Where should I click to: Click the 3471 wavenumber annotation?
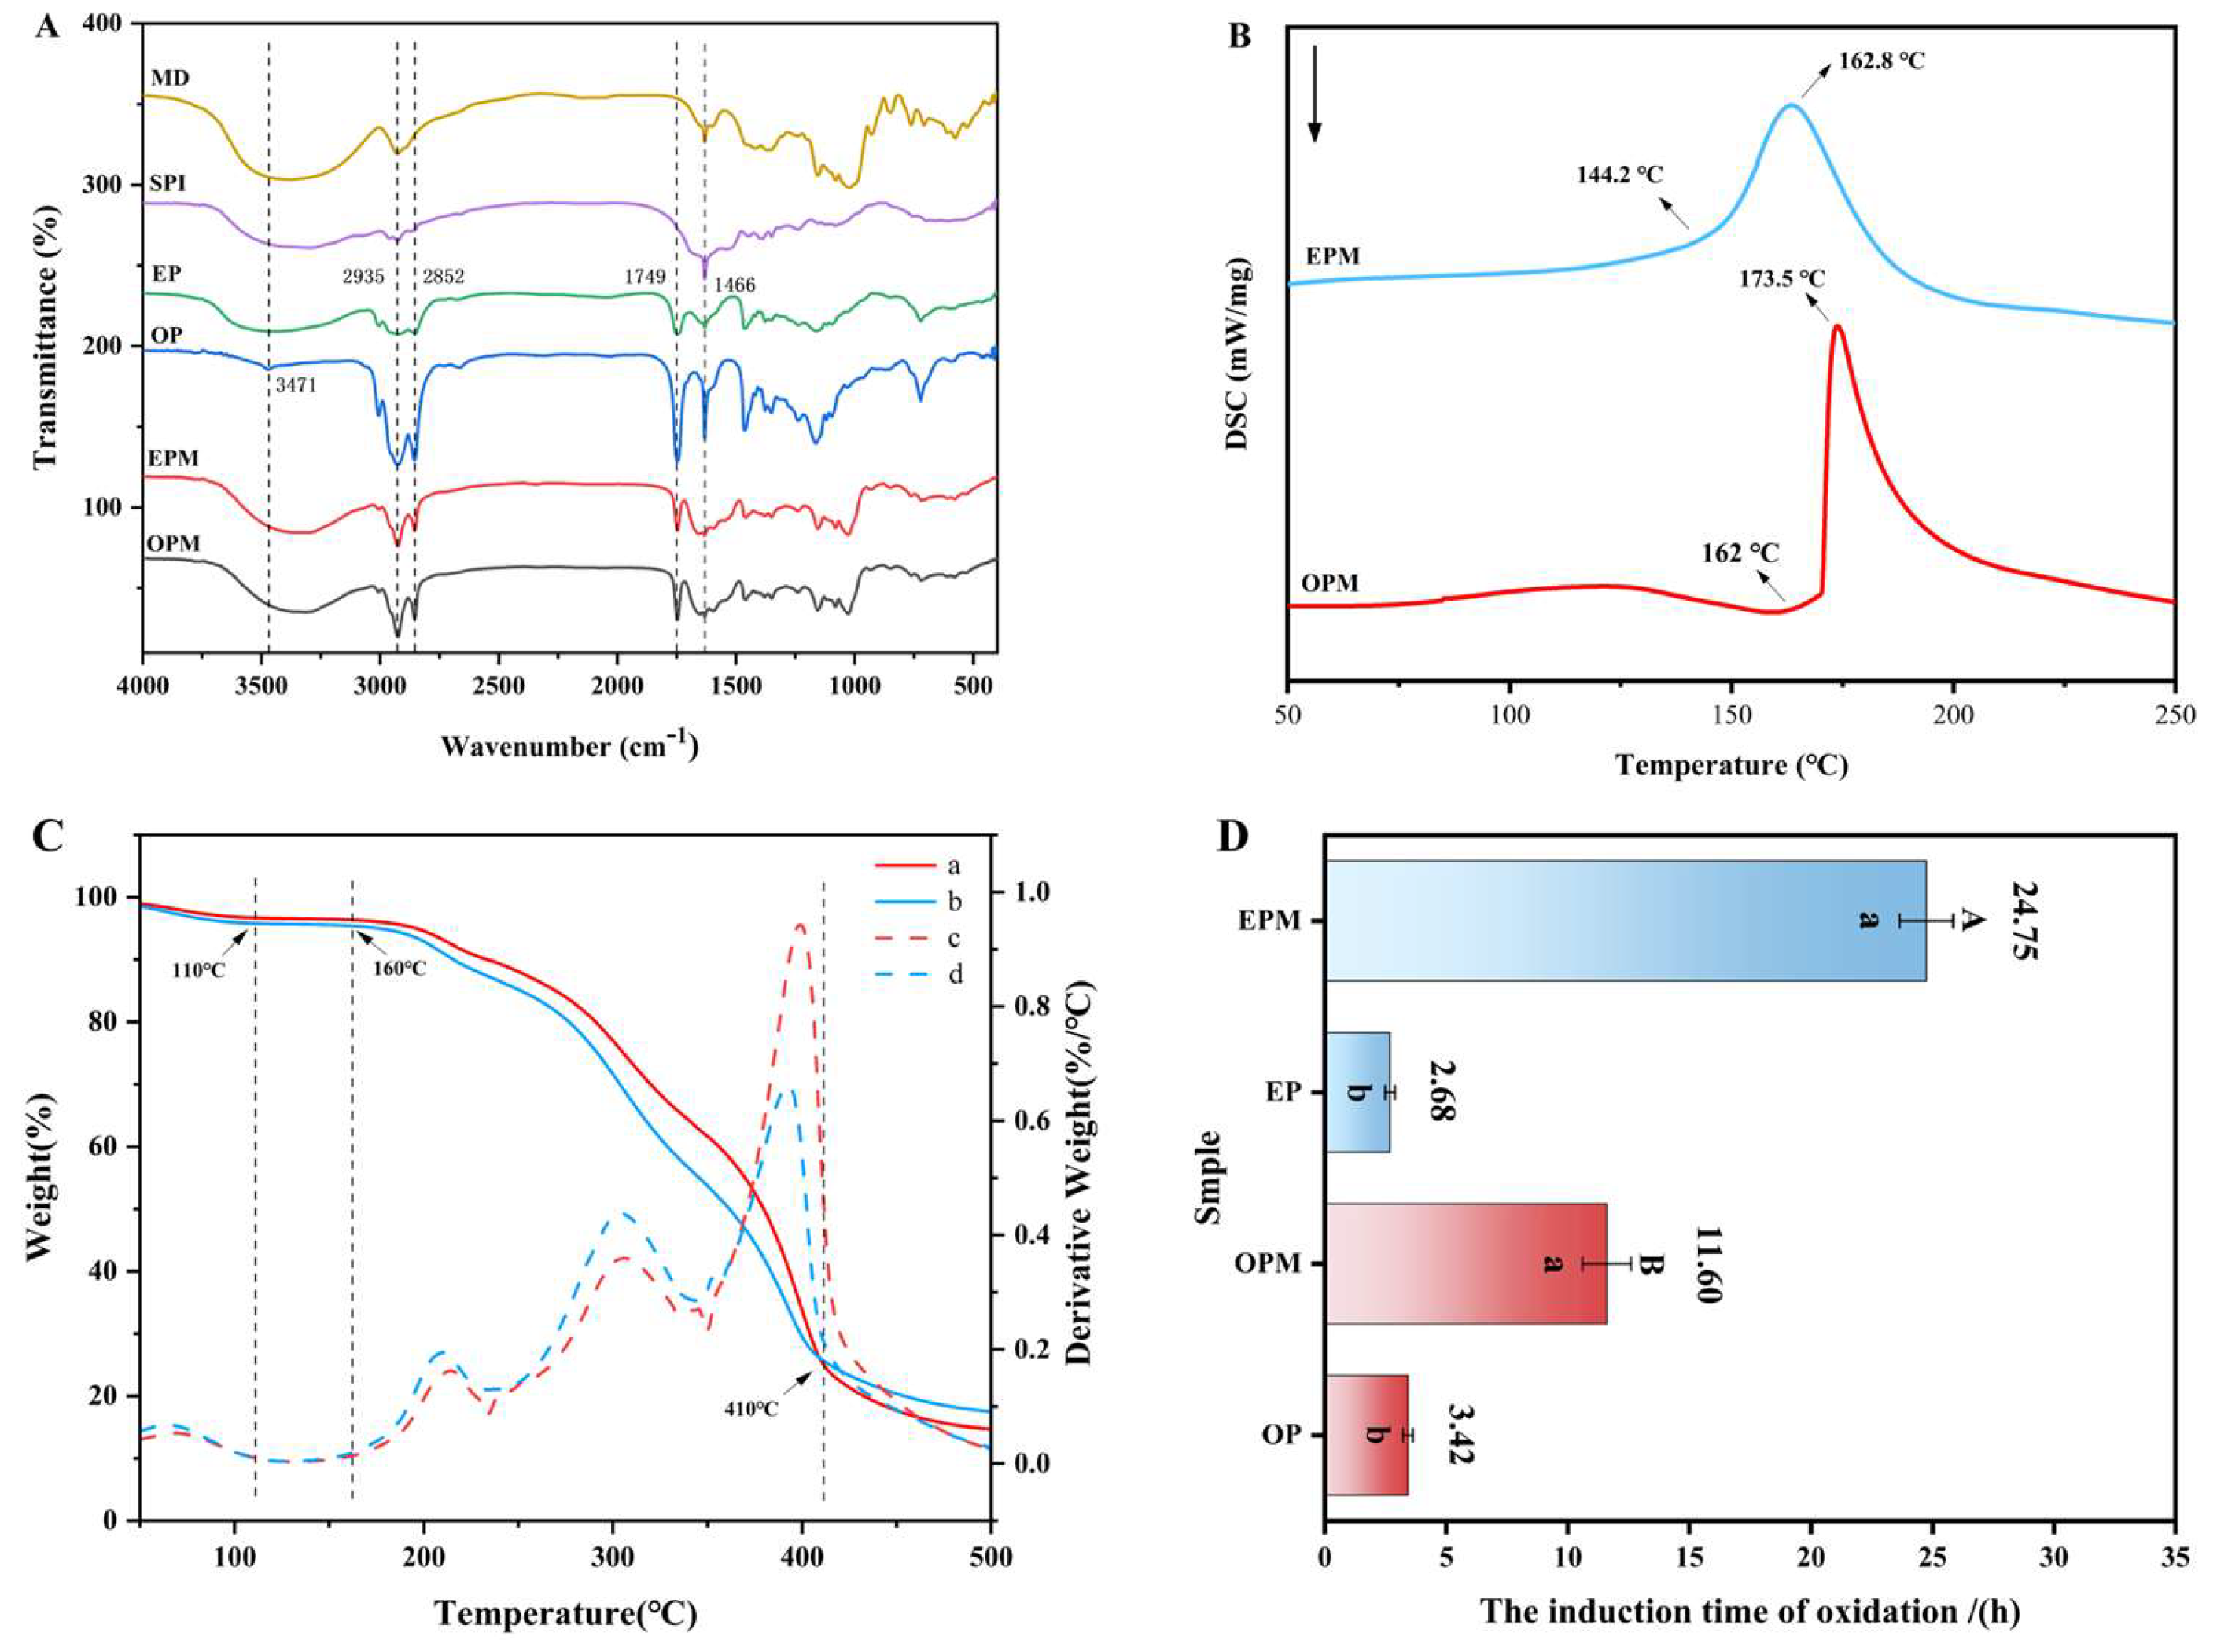pyautogui.click(x=296, y=385)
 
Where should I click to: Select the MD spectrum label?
pyautogui.click(x=171, y=76)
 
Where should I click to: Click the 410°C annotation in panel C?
pyautogui.click(x=749, y=1408)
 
